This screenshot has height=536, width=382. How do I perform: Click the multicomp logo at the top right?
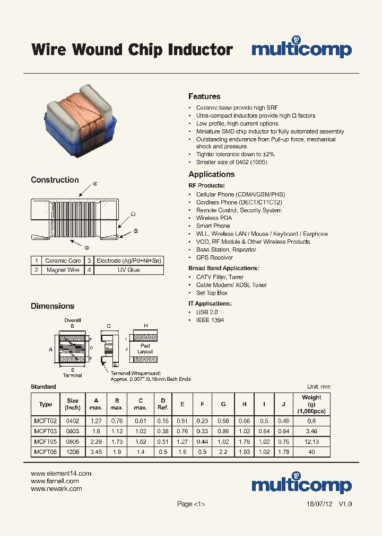(x=301, y=49)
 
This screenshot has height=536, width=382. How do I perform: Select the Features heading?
(x=204, y=96)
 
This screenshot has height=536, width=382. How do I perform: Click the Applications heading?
(x=211, y=174)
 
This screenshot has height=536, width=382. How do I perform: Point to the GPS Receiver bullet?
(x=214, y=257)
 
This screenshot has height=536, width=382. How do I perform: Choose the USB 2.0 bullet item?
(x=207, y=312)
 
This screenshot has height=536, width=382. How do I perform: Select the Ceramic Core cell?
(x=63, y=261)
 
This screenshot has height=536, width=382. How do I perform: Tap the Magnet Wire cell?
(x=63, y=270)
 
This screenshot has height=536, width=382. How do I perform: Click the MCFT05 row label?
(x=45, y=441)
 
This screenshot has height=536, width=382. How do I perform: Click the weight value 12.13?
(x=311, y=441)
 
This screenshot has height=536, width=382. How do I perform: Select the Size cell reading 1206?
(x=73, y=452)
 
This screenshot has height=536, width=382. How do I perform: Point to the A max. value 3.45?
(x=96, y=452)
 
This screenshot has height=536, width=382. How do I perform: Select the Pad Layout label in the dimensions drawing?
(x=145, y=349)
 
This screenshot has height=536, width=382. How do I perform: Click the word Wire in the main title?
(x=49, y=50)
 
